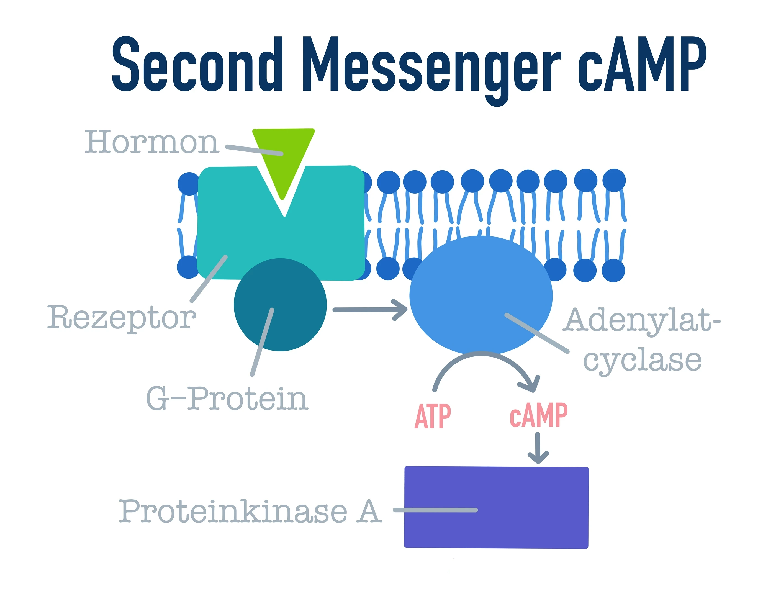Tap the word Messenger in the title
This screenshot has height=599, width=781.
click(x=432, y=66)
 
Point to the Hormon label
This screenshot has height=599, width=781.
click(x=151, y=143)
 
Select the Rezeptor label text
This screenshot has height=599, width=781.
click(x=121, y=317)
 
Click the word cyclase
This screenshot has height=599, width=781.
click(x=642, y=360)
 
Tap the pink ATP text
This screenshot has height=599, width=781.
click(x=433, y=416)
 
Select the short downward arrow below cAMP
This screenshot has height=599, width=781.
click(x=538, y=448)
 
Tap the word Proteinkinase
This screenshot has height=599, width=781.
click(x=232, y=512)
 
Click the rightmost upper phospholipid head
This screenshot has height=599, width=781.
click(x=614, y=180)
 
